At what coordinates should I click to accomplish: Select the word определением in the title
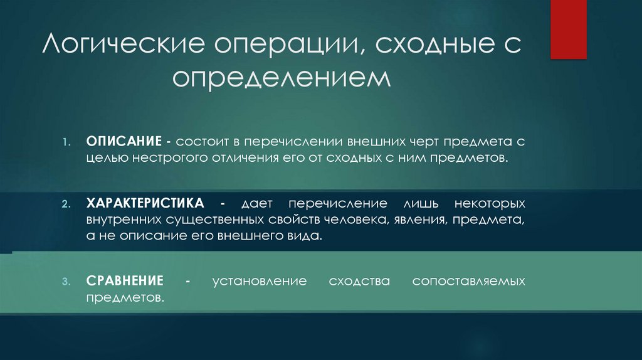point(282,80)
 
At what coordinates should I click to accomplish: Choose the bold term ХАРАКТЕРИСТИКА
point(145,204)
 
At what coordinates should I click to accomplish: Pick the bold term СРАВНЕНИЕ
point(125,280)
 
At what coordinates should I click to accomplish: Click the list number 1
point(66,142)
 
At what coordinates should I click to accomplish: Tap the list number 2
point(66,205)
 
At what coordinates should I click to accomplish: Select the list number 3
point(66,281)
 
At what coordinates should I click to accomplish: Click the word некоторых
point(487,204)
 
